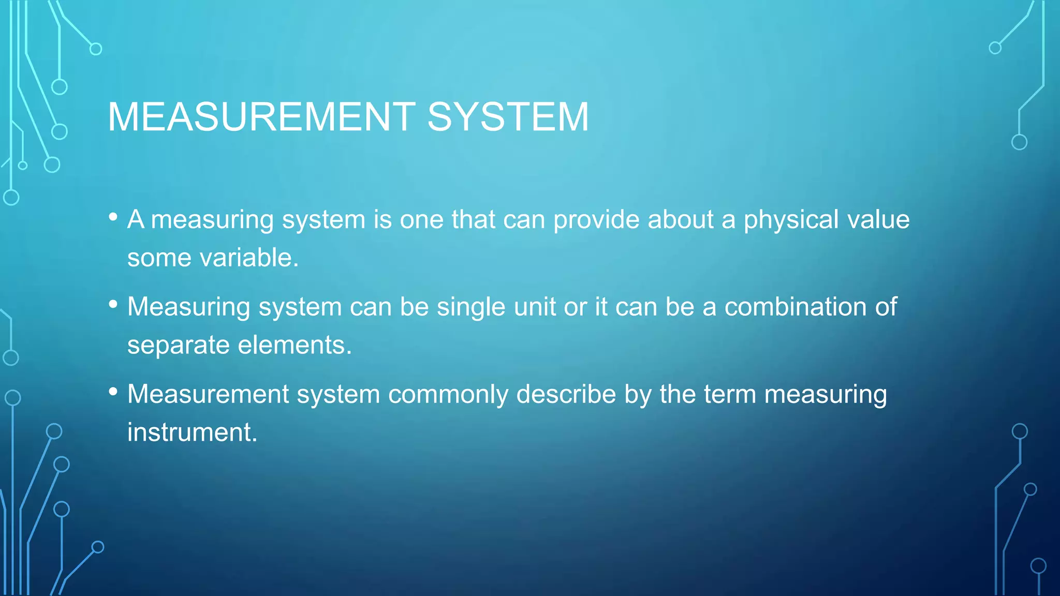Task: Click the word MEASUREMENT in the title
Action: pyautogui.click(x=261, y=117)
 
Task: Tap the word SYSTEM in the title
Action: pyautogui.click(x=508, y=117)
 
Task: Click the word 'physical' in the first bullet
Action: pyautogui.click(x=791, y=220)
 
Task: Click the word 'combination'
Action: pyautogui.click(x=796, y=307)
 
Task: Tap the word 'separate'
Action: pyautogui.click(x=178, y=346)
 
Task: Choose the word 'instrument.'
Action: pyautogui.click(x=192, y=433)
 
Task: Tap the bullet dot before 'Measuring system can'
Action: pyautogui.click(x=113, y=305)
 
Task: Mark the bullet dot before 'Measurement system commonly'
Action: pyautogui.click(x=113, y=392)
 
